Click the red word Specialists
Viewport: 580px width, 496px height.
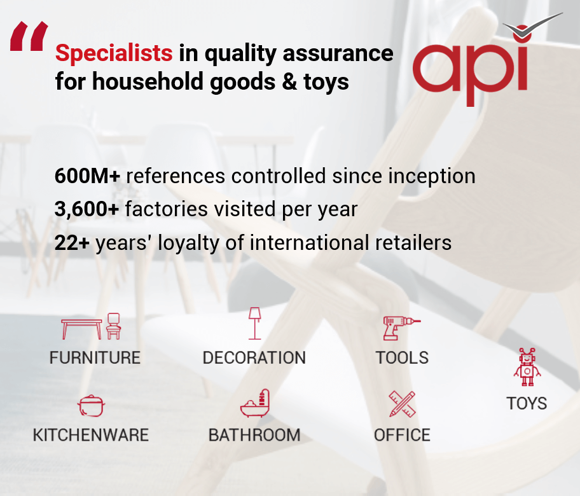[114, 53]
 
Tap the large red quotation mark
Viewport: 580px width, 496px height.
[29, 36]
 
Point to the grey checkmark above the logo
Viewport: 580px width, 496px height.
[533, 25]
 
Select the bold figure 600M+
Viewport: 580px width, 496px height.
[87, 176]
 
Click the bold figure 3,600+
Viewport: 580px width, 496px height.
[86, 209]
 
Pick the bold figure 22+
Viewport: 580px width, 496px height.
[72, 243]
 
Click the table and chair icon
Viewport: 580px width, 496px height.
[91, 326]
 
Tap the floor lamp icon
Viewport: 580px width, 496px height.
[254, 323]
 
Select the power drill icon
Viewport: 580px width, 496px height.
[402, 328]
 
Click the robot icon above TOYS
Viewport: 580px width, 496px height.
[527, 367]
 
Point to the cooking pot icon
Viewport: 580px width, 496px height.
[91, 406]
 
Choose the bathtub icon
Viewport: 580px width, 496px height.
[255, 403]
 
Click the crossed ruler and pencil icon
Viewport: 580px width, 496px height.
[402, 404]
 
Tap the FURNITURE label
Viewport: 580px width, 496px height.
[95, 358]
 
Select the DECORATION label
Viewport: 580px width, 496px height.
[254, 358]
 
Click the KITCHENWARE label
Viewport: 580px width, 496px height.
[91, 435]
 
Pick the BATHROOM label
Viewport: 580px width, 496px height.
[254, 435]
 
